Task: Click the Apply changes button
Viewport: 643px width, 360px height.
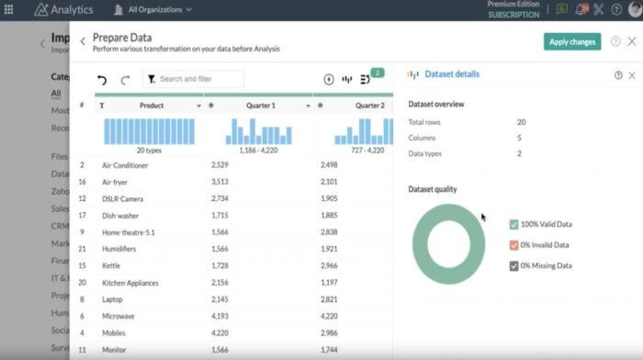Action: pos(571,41)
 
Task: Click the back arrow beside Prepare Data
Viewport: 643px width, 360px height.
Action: pos(83,41)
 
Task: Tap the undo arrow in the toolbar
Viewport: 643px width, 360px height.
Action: pos(102,80)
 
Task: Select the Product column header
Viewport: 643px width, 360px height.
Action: pos(151,106)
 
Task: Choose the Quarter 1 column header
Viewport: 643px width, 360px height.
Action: pos(260,106)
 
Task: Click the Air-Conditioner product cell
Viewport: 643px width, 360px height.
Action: pos(125,165)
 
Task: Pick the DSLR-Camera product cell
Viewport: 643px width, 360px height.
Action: pos(122,198)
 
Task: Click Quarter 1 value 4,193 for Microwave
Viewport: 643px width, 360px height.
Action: pos(219,317)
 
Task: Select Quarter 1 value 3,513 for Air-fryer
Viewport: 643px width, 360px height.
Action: pos(219,182)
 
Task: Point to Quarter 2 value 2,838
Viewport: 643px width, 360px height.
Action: pos(329,232)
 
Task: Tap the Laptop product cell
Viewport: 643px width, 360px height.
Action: pos(113,299)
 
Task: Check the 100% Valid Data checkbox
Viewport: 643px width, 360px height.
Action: pos(513,225)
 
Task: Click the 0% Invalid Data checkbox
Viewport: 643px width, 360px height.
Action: pos(513,245)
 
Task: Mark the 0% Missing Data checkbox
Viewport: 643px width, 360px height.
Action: pos(513,266)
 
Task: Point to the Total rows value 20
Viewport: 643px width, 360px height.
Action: pos(521,122)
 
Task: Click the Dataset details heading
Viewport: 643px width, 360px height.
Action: pos(453,74)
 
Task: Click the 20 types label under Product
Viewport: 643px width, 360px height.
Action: pos(149,149)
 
